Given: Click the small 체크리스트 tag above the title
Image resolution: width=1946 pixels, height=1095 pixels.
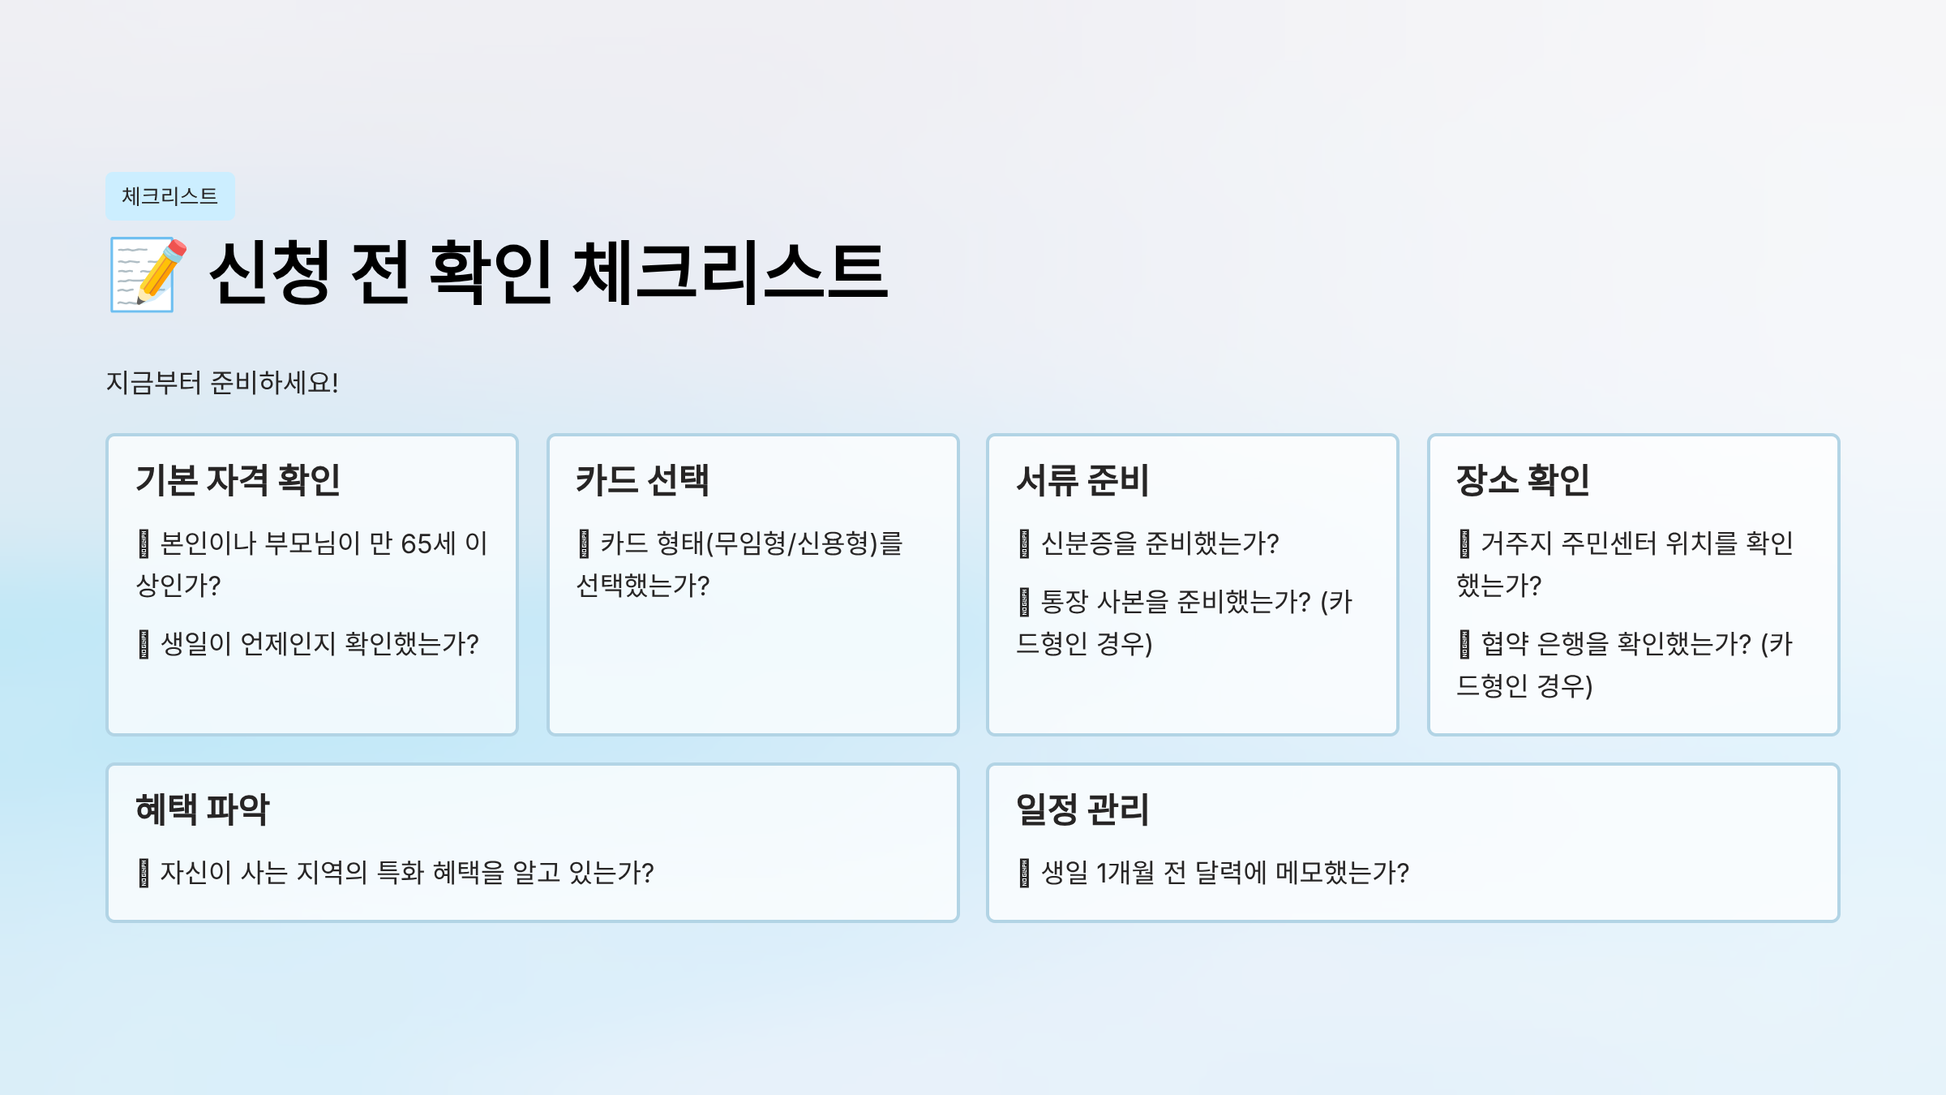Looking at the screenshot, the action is (x=170, y=196).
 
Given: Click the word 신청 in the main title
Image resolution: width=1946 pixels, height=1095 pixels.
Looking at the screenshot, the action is (x=270, y=273).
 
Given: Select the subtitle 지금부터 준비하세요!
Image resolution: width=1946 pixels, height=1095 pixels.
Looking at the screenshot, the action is (x=222, y=382).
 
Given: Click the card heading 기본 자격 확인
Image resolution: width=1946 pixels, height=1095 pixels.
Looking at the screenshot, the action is (x=238, y=479).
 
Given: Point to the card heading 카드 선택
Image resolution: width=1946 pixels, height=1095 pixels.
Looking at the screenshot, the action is (x=642, y=479).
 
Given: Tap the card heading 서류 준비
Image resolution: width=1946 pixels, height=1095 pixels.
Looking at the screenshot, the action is (x=1082, y=479).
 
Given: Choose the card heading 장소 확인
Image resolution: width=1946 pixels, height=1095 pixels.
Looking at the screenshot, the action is (x=1523, y=479).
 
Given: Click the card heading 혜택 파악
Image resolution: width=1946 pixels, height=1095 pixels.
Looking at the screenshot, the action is (x=203, y=809).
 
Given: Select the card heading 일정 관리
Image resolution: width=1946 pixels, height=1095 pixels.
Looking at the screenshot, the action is (x=1082, y=809).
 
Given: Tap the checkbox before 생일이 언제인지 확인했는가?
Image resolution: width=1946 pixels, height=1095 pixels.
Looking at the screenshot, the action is (x=144, y=644).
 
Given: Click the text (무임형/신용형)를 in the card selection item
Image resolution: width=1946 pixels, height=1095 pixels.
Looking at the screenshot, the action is (x=804, y=543).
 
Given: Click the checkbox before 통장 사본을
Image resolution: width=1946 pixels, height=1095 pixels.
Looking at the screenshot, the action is (x=1024, y=602).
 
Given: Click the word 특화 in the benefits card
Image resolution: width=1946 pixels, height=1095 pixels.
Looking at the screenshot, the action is (x=401, y=873).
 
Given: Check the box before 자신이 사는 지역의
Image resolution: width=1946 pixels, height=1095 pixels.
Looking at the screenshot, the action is (x=144, y=873).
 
